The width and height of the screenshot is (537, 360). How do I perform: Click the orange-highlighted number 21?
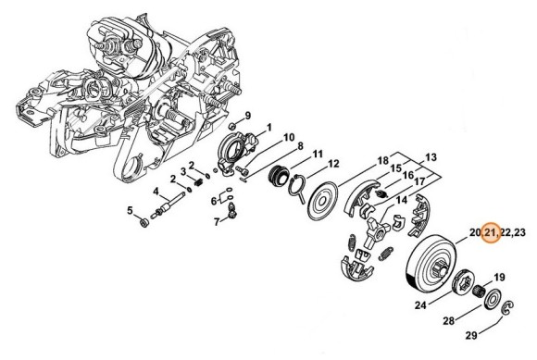(x=491, y=232)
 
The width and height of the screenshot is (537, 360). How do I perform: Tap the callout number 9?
(x=247, y=116)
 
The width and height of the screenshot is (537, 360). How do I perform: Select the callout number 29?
(x=471, y=336)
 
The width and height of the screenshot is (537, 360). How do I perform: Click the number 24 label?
(x=420, y=304)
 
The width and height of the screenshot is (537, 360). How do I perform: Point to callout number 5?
(x=130, y=210)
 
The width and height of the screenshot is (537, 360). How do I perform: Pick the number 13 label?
(x=431, y=157)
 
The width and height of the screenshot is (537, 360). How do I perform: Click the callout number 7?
(x=217, y=222)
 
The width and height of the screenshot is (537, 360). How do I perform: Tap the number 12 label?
(x=333, y=164)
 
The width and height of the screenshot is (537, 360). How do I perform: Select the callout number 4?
(x=156, y=191)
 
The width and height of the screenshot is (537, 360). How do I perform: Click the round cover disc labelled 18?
(x=322, y=201)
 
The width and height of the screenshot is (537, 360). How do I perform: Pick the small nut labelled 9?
(x=231, y=125)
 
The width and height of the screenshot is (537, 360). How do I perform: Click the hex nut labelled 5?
(x=144, y=224)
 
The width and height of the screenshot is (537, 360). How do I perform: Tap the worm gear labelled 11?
(x=278, y=175)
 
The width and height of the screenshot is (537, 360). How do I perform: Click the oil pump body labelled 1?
(x=236, y=151)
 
